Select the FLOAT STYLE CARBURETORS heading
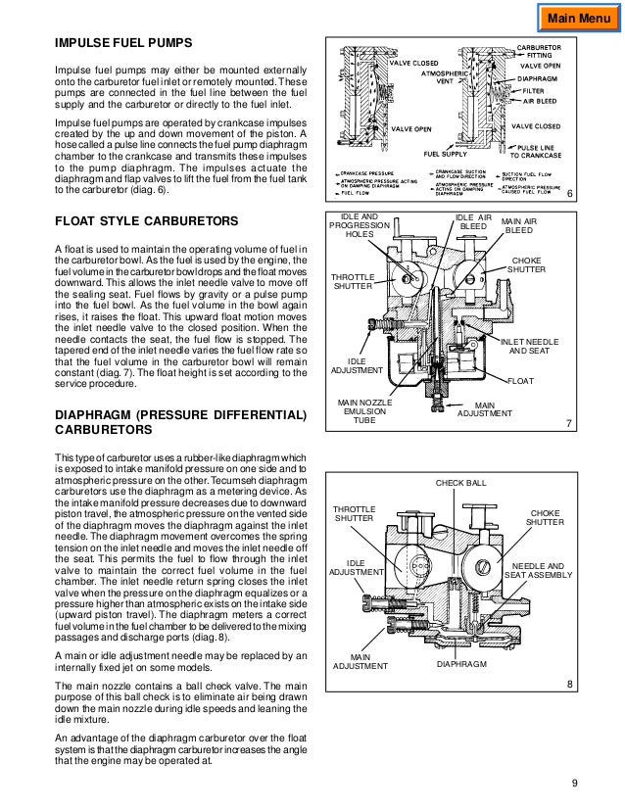146,221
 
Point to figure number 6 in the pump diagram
569,196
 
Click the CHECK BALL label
460,483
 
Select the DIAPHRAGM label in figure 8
460,691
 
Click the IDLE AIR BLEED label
474,222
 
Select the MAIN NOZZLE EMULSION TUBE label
363,411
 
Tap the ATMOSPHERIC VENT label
443,77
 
